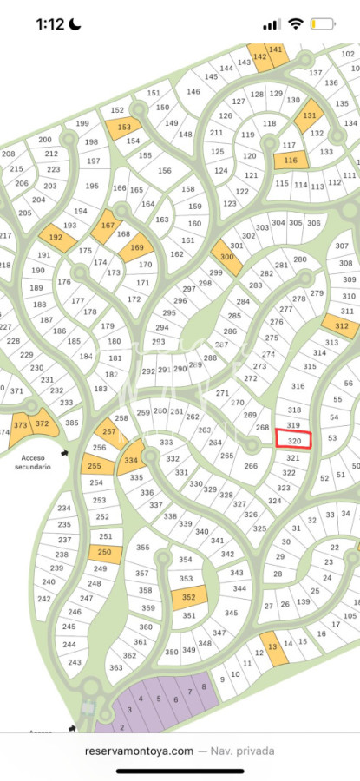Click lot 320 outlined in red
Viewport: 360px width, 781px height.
(x=293, y=440)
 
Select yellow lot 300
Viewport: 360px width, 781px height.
(x=227, y=257)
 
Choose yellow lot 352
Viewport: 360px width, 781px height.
(x=189, y=597)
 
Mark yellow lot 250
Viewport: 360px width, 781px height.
(x=104, y=553)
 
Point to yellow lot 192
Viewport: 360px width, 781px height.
(x=56, y=237)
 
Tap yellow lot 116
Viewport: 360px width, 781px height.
(x=291, y=161)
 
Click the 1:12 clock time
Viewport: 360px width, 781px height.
(x=50, y=24)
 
